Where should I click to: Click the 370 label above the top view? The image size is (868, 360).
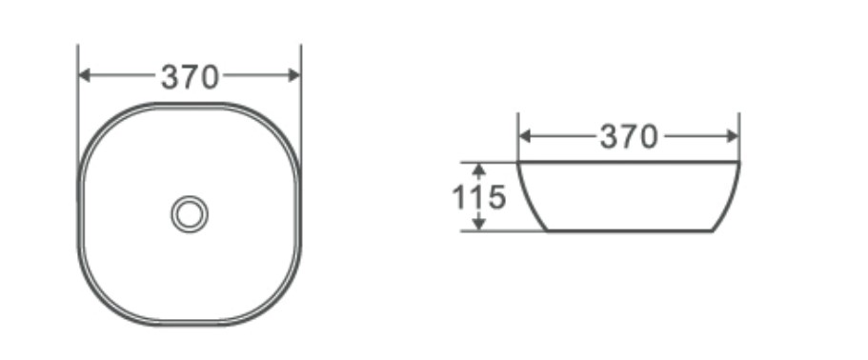click(x=190, y=77)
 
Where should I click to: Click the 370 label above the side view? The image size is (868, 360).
click(x=630, y=136)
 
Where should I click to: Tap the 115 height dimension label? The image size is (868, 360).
click(x=479, y=197)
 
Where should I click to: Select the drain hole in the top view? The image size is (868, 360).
click(x=190, y=214)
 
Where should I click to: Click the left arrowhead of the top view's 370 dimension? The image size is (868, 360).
click(x=84, y=75)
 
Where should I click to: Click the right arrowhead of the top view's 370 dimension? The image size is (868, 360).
click(x=294, y=75)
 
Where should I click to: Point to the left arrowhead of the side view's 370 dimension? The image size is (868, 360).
click(x=525, y=136)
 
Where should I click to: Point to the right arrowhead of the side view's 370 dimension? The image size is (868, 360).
click(x=733, y=136)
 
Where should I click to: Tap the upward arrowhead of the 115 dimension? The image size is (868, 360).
click(x=479, y=170)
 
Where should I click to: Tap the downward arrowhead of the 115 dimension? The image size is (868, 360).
click(x=479, y=224)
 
